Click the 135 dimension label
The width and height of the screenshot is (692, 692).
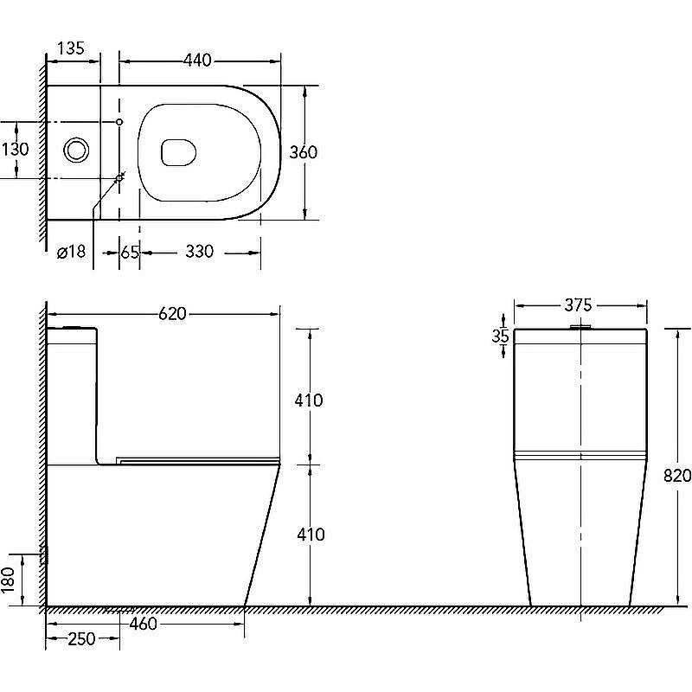pos(71,48)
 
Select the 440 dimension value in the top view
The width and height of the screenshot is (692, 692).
pos(197,60)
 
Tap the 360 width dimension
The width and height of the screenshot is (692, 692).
pos(304,152)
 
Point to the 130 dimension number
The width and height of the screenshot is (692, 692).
pos(15,149)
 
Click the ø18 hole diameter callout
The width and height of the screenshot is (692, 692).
pos(71,252)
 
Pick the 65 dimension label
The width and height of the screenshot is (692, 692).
pos(130,253)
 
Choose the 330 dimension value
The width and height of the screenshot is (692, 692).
pos(200,252)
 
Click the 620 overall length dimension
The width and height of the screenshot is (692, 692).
pos(172,314)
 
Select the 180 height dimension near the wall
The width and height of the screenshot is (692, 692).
pos(9,580)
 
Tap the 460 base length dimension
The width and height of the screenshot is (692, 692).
pos(143,624)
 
